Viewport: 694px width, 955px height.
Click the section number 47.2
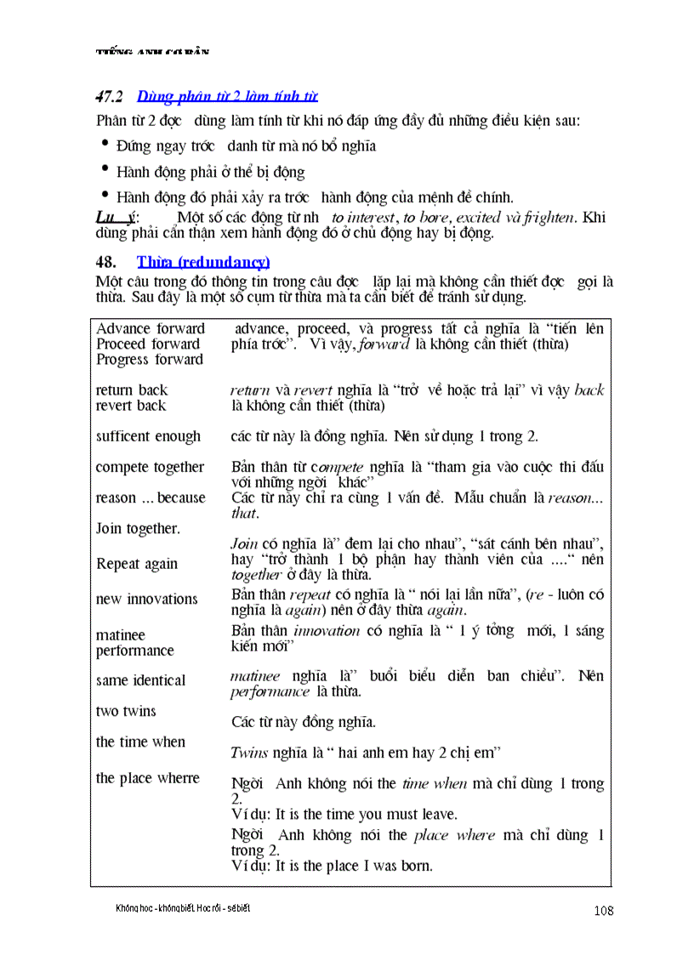pyautogui.click(x=110, y=96)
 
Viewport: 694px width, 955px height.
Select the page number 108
pyautogui.click(x=604, y=911)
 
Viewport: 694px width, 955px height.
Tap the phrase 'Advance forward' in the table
pyautogui.click(x=151, y=329)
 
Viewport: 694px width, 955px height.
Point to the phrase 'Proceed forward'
pyautogui.click(x=148, y=344)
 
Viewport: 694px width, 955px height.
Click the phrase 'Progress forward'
pyautogui.click(x=150, y=360)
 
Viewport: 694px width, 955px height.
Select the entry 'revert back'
pyautogui.click(x=131, y=406)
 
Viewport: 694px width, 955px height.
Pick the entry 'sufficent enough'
pyautogui.click(x=148, y=436)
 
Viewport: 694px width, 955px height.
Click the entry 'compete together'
pyautogui.click(x=150, y=467)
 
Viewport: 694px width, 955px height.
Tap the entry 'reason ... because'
pyautogui.click(x=151, y=497)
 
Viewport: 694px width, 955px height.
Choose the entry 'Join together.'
pyautogui.click(x=138, y=528)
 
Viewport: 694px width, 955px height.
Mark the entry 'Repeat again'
pyautogui.click(x=137, y=564)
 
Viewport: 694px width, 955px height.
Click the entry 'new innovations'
pyautogui.click(x=146, y=600)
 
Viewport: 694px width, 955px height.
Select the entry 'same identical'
pyautogui.click(x=140, y=680)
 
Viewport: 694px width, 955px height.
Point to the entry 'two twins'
pyautogui.click(x=126, y=711)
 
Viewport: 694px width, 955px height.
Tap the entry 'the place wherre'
pyautogui.click(x=147, y=778)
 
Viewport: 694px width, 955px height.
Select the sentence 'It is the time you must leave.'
pyautogui.click(x=367, y=814)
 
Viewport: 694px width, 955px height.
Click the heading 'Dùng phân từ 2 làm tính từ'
pyautogui.click(x=227, y=96)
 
